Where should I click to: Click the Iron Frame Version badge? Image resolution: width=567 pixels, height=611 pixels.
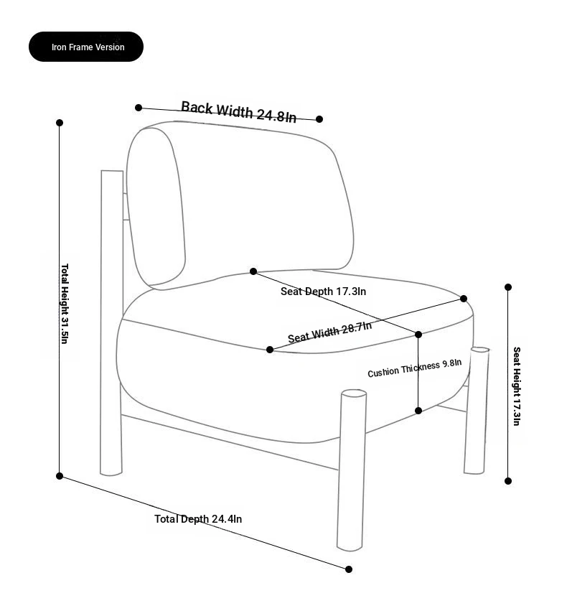tap(86, 47)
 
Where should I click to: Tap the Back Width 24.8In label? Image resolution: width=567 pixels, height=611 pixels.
tap(239, 112)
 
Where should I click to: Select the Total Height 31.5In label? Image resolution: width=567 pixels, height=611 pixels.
tap(65, 304)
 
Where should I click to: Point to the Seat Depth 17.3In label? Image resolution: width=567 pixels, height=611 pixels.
tap(323, 291)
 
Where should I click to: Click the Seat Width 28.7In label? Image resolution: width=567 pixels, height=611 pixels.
tap(330, 332)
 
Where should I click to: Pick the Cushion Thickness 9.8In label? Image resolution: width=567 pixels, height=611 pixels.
tap(414, 368)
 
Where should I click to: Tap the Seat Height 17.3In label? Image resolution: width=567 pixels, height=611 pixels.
tap(516, 386)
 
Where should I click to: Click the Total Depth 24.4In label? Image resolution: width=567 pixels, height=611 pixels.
tap(198, 518)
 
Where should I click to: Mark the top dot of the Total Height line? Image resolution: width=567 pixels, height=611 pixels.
tap(60, 123)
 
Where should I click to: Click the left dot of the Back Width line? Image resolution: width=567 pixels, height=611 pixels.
tap(139, 108)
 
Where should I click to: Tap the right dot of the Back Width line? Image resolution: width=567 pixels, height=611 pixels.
tap(319, 119)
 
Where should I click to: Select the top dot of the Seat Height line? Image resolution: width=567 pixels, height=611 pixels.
tap(508, 287)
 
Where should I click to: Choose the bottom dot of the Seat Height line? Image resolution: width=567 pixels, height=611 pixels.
tap(508, 481)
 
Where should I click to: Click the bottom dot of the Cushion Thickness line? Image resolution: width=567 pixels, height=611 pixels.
tap(418, 411)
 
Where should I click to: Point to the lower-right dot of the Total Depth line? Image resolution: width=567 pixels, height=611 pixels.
tap(349, 569)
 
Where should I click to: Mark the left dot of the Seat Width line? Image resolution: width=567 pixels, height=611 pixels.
tap(270, 350)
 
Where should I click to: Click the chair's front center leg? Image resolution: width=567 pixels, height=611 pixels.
tap(352, 470)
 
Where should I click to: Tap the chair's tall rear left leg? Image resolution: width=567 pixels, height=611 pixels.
tap(112, 322)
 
